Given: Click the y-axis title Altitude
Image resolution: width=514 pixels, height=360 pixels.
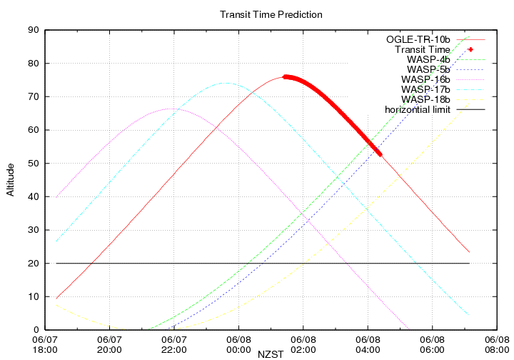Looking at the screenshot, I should [x=11, y=179].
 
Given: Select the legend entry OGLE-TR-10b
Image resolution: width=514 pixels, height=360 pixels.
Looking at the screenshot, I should [x=418, y=39].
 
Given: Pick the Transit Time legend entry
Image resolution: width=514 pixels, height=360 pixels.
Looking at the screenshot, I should [x=423, y=49].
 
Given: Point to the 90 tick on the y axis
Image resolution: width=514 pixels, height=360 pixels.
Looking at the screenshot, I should [x=33, y=30].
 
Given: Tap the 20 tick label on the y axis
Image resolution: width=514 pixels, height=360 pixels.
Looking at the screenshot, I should [x=33, y=264].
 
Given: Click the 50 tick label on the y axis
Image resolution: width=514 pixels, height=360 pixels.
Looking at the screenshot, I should [x=33, y=164].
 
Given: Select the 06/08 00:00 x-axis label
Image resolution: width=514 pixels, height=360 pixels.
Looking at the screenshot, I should [x=238, y=345].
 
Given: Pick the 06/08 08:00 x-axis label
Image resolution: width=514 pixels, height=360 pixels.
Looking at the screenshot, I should [x=497, y=345].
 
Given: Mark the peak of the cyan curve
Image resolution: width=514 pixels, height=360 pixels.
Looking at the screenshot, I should [x=226, y=83].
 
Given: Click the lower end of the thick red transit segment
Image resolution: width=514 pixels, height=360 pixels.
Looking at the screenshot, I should [x=380, y=154].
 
